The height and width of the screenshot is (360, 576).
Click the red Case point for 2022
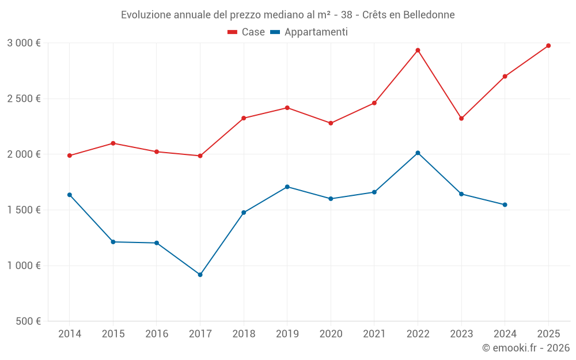(418, 50)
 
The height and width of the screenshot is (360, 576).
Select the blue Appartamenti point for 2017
(200, 275)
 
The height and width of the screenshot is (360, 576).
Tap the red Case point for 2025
(548, 46)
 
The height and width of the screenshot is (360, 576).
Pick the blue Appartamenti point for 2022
(418, 153)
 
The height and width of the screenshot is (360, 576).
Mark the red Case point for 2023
(461, 118)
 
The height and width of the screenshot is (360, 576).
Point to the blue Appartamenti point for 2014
(70, 195)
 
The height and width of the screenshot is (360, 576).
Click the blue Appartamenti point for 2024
(505, 204)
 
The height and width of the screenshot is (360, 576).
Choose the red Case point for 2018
(244, 118)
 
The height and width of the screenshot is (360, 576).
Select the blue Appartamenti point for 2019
(287, 187)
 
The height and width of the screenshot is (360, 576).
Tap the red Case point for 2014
(70, 156)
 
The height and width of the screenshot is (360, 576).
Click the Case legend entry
(247, 32)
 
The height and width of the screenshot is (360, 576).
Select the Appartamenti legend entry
(309, 32)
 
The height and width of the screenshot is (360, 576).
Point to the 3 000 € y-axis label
(24, 43)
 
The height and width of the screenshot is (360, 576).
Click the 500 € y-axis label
(27, 321)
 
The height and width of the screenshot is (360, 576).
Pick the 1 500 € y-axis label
(24, 210)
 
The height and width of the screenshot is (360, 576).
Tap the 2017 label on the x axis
(200, 334)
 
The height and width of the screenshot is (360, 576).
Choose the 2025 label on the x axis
(548, 334)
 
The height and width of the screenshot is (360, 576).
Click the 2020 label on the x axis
(331, 334)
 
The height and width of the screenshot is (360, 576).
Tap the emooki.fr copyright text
(526, 348)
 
